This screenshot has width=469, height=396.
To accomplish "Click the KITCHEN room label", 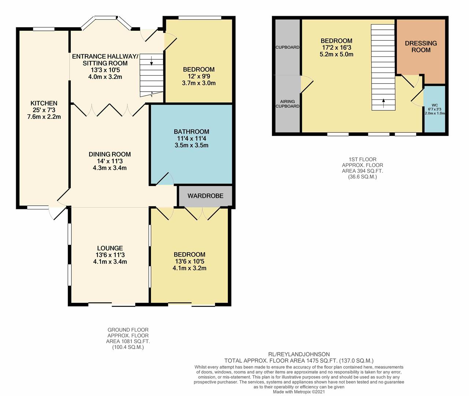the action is coord(44,103).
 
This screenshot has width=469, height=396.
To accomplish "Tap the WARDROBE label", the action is coord(205,196).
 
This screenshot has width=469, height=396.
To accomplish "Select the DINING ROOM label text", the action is coord(110,154).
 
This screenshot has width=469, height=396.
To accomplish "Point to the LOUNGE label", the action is coord(110,248).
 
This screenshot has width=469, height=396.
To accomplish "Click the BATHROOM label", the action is coord(191,132).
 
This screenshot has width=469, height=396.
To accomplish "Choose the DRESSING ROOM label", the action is coord(421,47).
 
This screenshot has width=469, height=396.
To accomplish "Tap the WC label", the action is coord(435,105).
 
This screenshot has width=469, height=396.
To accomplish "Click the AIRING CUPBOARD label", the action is coord(287,104).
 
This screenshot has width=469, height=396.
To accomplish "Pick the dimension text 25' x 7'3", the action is coord(44,110).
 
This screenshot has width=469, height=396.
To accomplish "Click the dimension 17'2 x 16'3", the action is coord(336,47).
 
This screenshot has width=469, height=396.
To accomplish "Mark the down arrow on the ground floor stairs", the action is coord(151,60).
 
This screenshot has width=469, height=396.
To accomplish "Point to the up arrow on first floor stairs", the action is coord(383,103).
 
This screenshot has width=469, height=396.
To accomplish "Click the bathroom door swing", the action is coord(165,179).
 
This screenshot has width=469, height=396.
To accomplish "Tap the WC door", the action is coord(417,98).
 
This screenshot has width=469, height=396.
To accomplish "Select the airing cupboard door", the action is coord(307,84).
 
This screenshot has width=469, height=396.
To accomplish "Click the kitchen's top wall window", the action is coord(44,29).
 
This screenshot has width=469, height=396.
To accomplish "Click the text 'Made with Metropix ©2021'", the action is coord(299,392).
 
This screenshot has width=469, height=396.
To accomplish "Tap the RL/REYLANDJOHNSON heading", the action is coord(299,355).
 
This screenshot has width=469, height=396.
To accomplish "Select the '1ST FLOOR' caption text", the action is coord(362,159).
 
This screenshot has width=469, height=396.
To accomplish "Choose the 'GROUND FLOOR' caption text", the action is coord(128,330).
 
